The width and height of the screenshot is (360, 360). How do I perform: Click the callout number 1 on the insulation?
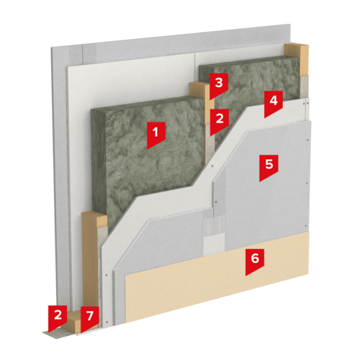click(x=156, y=134)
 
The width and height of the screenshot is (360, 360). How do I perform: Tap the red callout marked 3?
click(x=219, y=84)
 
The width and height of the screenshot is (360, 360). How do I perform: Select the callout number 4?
click(x=274, y=102)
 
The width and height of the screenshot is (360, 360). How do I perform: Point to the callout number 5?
click(x=269, y=166)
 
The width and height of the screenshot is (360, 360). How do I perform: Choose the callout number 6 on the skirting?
click(x=255, y=261)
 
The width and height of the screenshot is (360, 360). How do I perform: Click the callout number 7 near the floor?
click(x=90, y=318)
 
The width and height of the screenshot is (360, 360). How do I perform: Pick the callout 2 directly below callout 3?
click(x=220, y=120)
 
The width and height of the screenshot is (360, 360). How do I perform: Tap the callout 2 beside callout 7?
click(x=58, y=317)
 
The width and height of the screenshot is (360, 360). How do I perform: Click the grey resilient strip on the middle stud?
click(x=209, y=144)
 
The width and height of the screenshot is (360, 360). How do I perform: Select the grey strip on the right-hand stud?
click(x=304, y=87)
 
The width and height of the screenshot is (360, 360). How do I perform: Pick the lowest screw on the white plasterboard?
click(x=107, y=322)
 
